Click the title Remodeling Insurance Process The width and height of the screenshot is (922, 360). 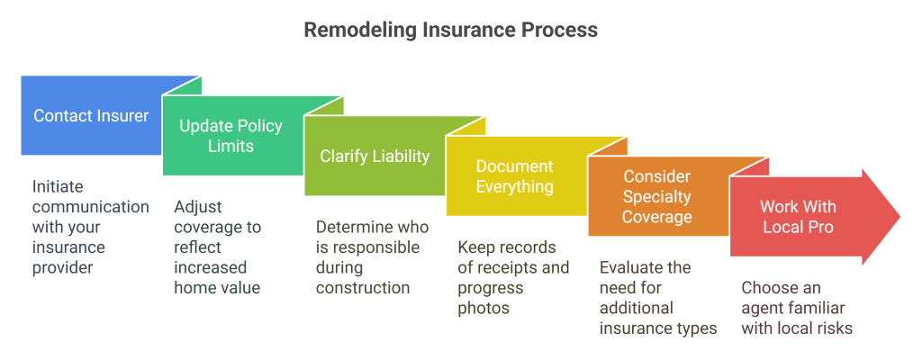[450, 30]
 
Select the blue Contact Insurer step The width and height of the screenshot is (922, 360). [91, 115]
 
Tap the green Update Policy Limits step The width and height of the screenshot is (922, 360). [230, 135]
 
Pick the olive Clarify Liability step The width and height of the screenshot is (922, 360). [375, 156]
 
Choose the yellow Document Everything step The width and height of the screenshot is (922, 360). [514, 176]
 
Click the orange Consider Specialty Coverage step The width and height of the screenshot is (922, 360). [657, 196]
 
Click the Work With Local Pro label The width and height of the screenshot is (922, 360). [797, 217]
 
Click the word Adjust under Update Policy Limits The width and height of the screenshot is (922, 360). [196, 207]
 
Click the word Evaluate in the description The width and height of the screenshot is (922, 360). [633, 267]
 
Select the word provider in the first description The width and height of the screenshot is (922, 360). [63, 267]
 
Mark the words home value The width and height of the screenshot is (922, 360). [215, 288]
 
